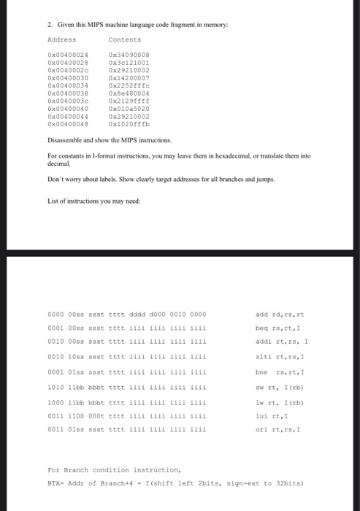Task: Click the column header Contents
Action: point(124,39)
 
